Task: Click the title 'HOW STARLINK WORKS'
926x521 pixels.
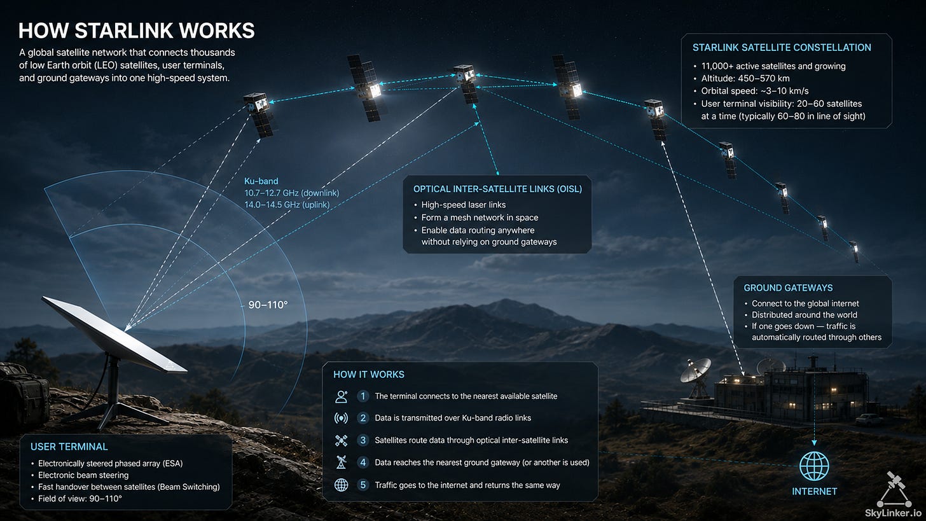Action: (136, 31)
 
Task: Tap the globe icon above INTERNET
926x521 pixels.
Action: (814, 466)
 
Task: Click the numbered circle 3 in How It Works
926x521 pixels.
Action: (363, 440)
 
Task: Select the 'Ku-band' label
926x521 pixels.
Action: (261, 181)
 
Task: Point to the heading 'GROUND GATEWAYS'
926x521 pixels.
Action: (788, 288)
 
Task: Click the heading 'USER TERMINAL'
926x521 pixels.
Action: (69, 447)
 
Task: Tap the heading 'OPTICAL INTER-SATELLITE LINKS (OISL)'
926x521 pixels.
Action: (497, 189)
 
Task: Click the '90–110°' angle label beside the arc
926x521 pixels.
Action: (268, 305)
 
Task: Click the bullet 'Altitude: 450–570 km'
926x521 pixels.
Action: (745, 79)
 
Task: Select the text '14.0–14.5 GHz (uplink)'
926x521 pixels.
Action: (287, 205)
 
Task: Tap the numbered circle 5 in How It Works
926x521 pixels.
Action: (363, 485)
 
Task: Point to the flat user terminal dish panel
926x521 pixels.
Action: (114, 334)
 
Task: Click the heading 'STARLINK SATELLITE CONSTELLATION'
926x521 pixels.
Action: (782, 48)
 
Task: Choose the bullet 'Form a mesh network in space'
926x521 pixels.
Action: (480, 218)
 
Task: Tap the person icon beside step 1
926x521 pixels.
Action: (341, 396)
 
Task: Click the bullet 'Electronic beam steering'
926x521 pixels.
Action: (83, 475)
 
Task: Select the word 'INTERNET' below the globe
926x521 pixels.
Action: (814, 491)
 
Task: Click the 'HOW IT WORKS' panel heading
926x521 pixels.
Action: (369, 374)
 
